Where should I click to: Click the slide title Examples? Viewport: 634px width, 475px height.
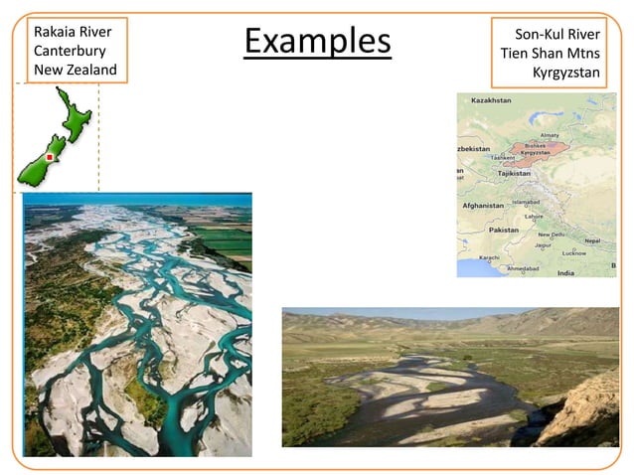point(317,42)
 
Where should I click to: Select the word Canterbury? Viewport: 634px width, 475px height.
point(70,51)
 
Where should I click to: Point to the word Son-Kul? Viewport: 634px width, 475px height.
point(539,34)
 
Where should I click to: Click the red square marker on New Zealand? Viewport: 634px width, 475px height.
point(49,156)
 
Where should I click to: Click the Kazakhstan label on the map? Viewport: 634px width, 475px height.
point(491,100)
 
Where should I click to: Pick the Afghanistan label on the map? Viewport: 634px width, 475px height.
point(484,206)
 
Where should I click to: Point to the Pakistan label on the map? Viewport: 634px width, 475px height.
point(505,230)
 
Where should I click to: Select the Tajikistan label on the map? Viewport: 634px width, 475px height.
point(515,172)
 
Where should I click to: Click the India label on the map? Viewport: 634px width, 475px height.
point(565,272)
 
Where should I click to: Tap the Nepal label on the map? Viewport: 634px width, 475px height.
point(592,240)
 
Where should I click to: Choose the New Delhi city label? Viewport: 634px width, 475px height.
point(552,235)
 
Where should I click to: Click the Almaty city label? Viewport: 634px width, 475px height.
point(549,136)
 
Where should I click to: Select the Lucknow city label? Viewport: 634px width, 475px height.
point(573,253)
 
